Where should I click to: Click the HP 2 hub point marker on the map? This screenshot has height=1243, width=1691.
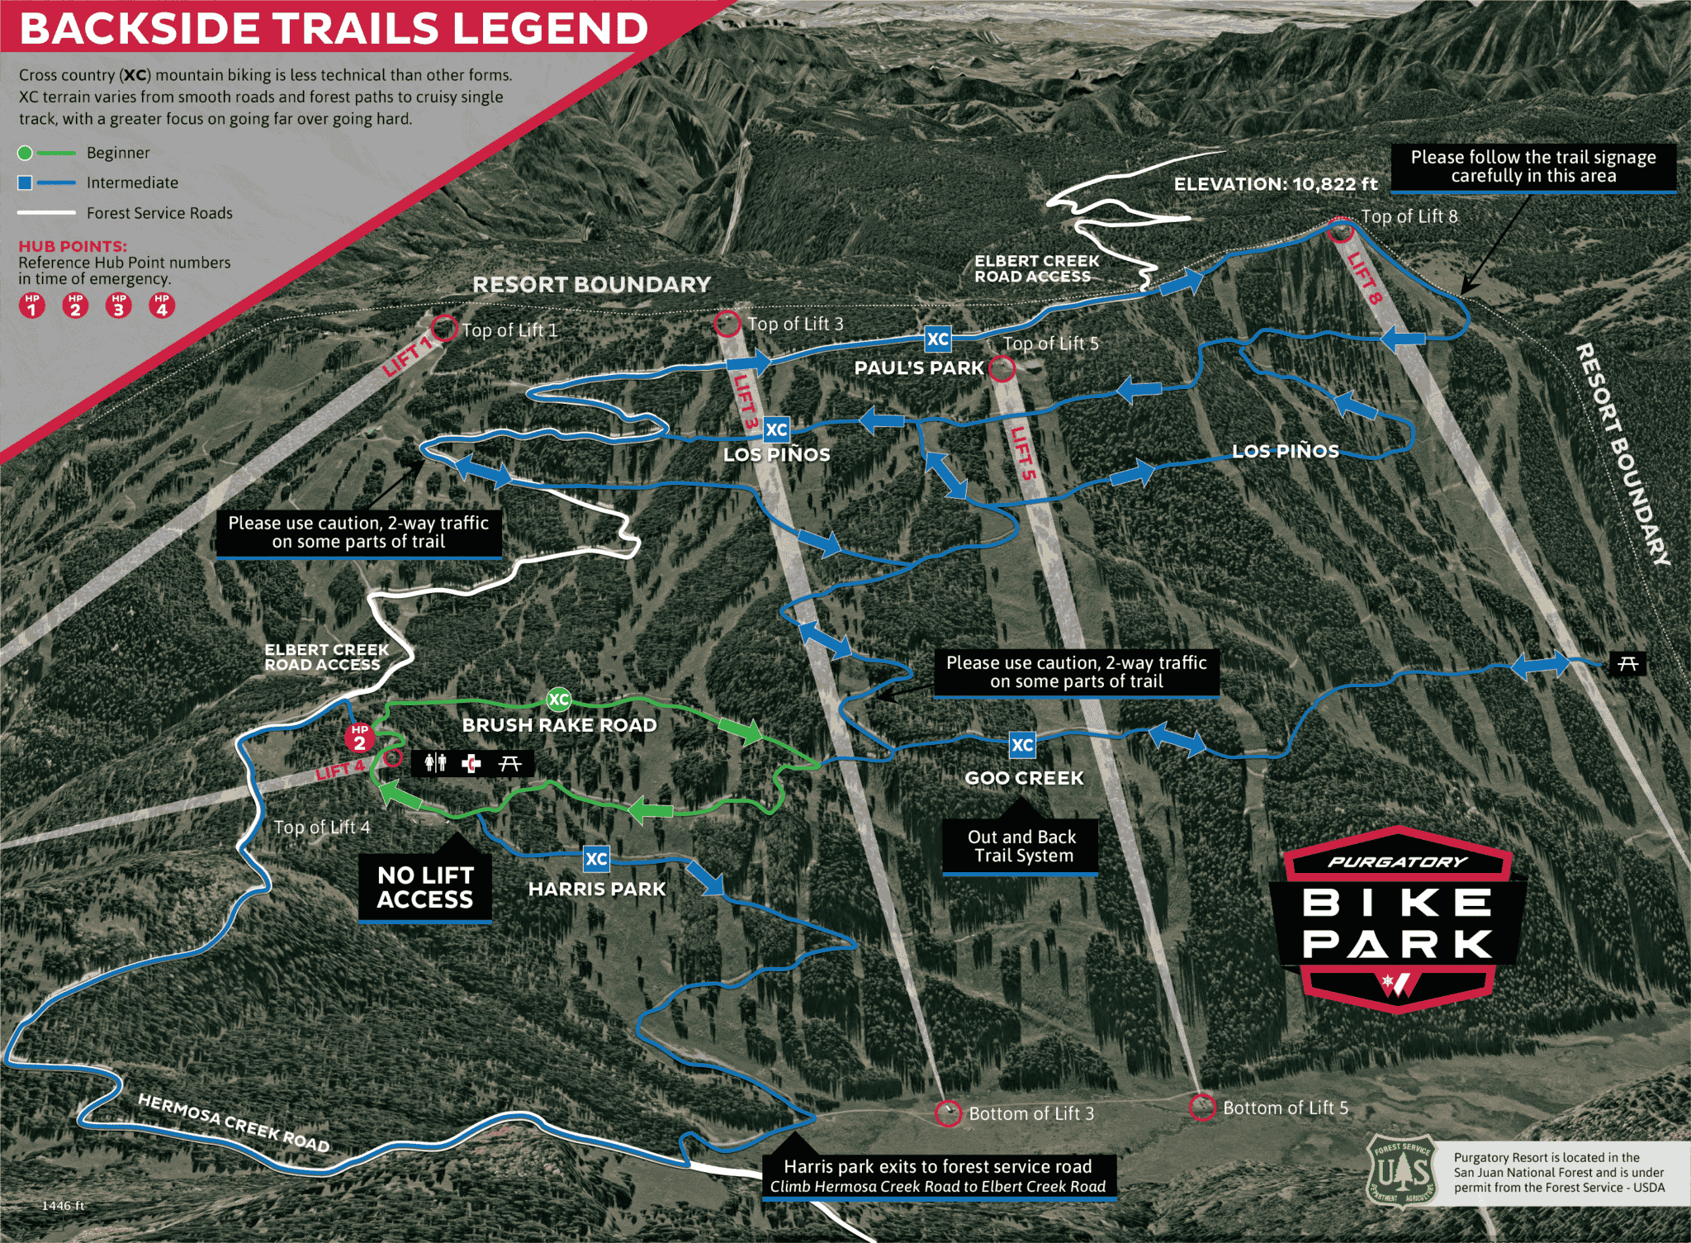pyautogui.click(x=359, y=738)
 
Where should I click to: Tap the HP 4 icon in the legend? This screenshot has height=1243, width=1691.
pyautogui.click(x=162, y=306)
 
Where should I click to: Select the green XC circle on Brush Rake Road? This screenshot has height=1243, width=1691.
pyautogui.click(x=559, y=700)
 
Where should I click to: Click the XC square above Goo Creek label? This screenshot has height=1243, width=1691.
pyautogui.click(x=1022, y=745)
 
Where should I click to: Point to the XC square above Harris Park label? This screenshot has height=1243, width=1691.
pyautogui.click(x=596, y=859)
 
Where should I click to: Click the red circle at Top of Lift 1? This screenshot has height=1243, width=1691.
pyautogui.click(x=444, y=328)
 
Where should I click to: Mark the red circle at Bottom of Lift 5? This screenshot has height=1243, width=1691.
pyautogui.click(x=1202, y=1107)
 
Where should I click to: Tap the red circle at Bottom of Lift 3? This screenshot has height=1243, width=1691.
pyautogui.click(x=948, y=1113)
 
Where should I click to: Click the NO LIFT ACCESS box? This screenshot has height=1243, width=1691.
pyautogui.click(x=425, y=888)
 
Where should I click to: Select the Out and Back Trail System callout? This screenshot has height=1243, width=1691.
pyautogui.click(x=1021, y=847)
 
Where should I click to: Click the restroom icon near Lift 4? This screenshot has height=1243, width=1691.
pyautogui.click(x=435, y=762)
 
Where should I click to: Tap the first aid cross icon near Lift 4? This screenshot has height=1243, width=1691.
pyautogui.click(x=471, y=763)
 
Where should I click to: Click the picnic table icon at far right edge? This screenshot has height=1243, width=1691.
pyautogui.click(x=1627, y=663)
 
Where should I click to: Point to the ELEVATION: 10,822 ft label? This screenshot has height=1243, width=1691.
pyautogui.click(x=1276, y=184)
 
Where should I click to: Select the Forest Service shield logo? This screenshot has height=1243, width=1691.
pyautogui.click(x=1401, y=1172)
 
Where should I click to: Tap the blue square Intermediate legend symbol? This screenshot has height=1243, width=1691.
pyautogui.click(x=26, y=183)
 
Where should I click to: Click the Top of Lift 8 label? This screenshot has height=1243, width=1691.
pyautogui.click(x=1409, y=216)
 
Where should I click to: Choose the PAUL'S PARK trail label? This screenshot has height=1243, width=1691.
pyautogui.click(x=919, y=368)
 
